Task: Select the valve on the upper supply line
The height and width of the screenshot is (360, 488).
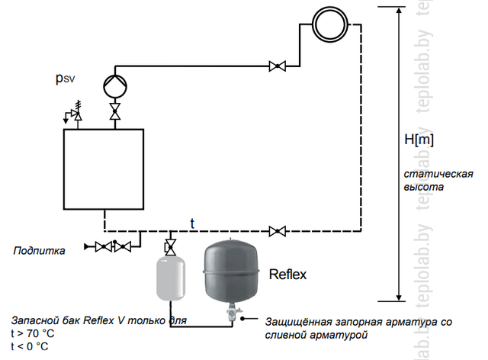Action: (278, 67)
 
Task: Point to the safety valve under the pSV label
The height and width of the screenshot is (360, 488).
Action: (76, 114)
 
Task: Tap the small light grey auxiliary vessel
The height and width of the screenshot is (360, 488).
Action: (172, 278)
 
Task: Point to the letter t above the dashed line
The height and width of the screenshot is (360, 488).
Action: (193, 223)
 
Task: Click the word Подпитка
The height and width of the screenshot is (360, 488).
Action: (39, 249)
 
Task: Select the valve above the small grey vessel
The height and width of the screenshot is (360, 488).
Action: (172, 246)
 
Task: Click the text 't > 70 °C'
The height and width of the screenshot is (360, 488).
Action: (33, 333)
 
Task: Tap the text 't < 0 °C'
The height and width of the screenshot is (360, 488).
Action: (30, 346)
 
